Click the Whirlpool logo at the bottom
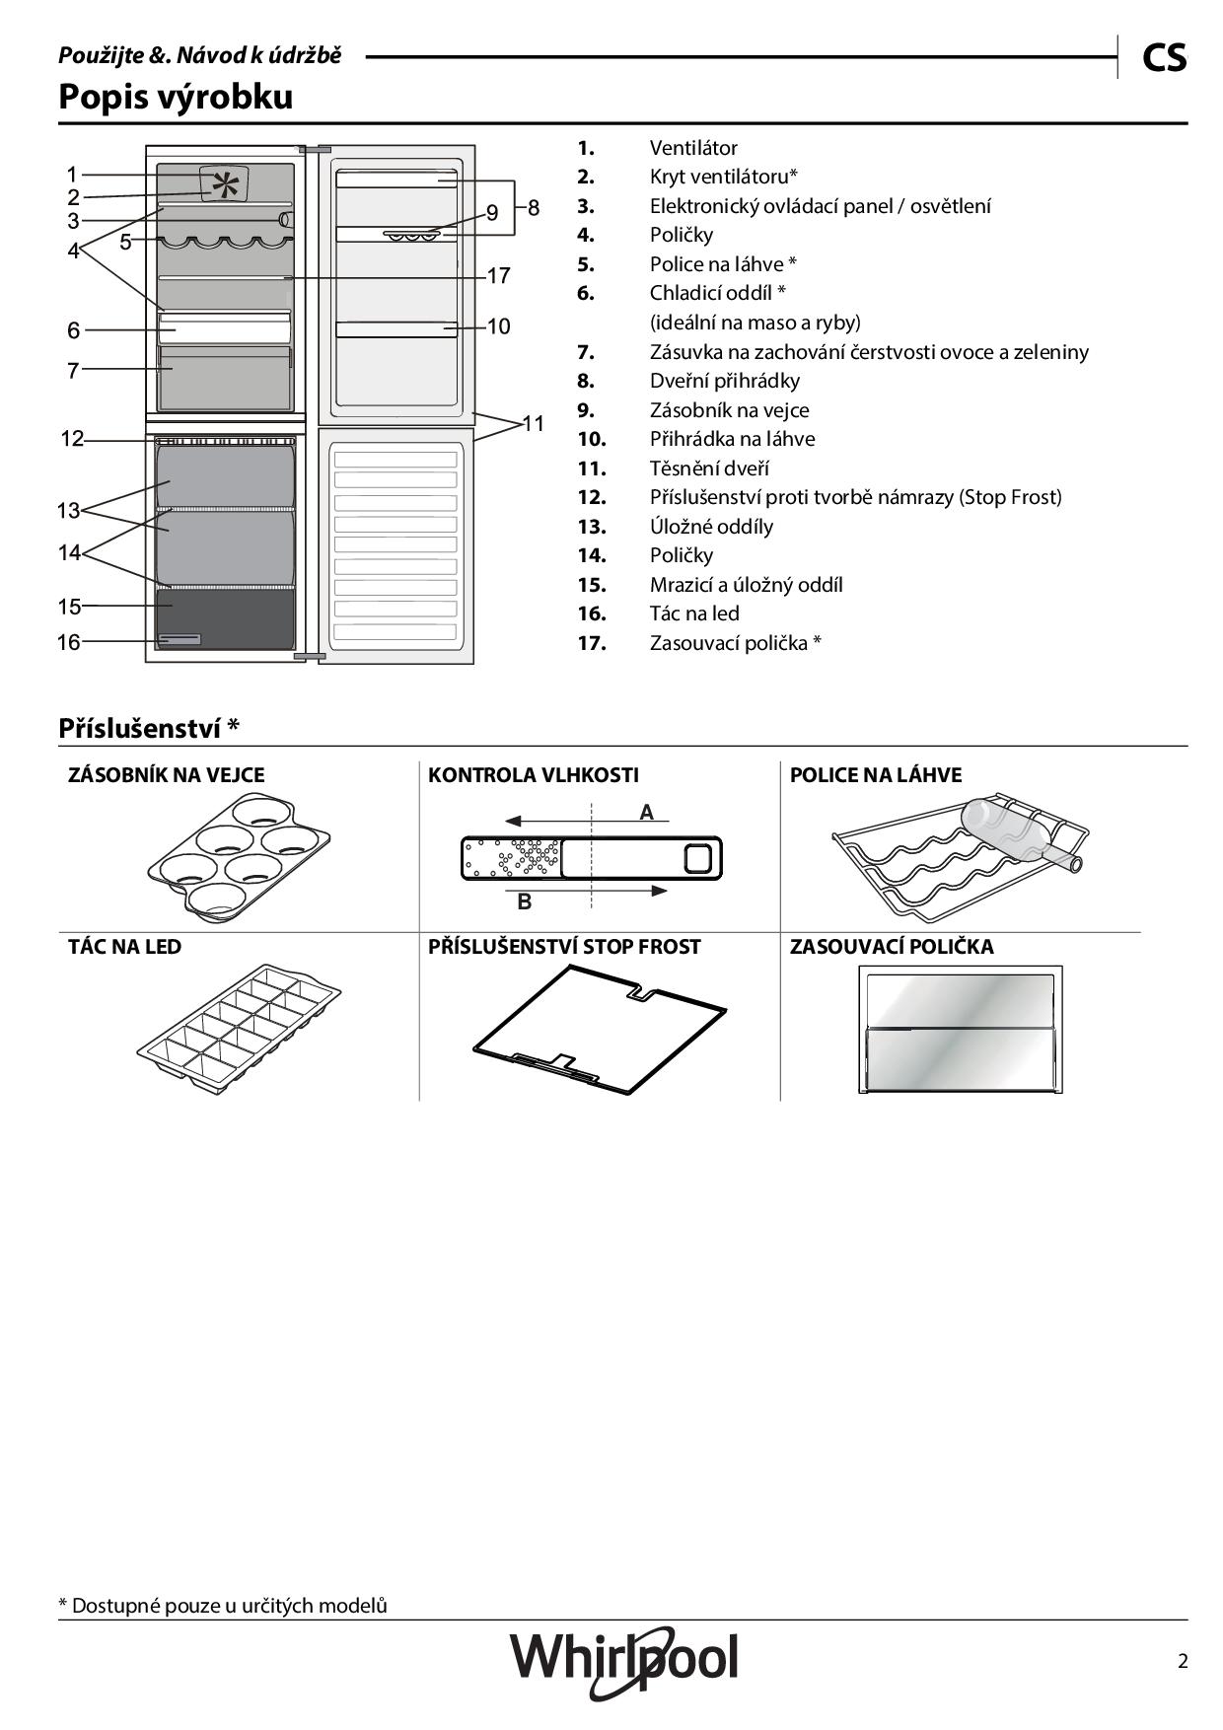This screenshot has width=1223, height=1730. pyautogui.click(x=623, y=1660)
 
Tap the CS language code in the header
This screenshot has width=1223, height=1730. pyautogui.click(x=1164, y=58)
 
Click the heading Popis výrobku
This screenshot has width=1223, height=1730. pyautogui.click(x=176, y=97)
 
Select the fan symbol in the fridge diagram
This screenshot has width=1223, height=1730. pyautogui.click(x=226, y=184)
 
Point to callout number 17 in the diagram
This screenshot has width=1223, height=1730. pyautogui.click(x=499, y=276)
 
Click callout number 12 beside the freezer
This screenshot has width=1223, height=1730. pyautogui.click(x=72, y=439)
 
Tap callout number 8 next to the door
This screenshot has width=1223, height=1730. pyautogui.click(x=534, y=208)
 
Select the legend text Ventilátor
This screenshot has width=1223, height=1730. pyautogui.click(x=693, y=148)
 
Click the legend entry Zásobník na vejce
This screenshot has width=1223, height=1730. pyautogui.click(x=729, y=410)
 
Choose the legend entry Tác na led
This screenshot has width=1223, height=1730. pyautogui.click(x=694, y=613)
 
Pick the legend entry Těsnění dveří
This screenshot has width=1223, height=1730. pyautogui.click(x=709, y=469)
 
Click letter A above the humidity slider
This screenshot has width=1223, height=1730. pyautogui.click(x=647, y=812)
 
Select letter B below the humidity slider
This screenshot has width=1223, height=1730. pyautogui.click(x=525, y=901)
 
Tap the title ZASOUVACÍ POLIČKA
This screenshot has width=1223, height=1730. pyautogui.click(x=892, y=947)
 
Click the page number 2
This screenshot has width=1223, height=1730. pyautogui.click(x=1183, y=1661)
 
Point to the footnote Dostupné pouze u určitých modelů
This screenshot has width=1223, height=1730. pyautogui.click(x=223, y=1606)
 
